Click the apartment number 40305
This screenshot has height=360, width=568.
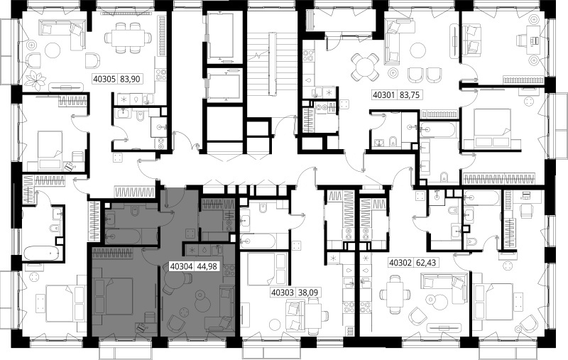(104, 79)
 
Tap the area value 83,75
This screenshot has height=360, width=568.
(410, 95)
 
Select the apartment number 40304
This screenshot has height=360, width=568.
(181, 266)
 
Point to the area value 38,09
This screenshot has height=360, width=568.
(308, 292)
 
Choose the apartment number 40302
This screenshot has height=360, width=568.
(400, 262)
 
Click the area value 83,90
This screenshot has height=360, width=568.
(130, 79)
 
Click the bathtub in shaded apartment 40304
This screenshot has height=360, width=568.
(123, 237)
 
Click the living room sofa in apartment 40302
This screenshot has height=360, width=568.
(444, 283)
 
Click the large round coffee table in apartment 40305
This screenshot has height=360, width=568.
(53, 50)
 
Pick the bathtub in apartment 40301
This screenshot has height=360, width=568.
(437, 129)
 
